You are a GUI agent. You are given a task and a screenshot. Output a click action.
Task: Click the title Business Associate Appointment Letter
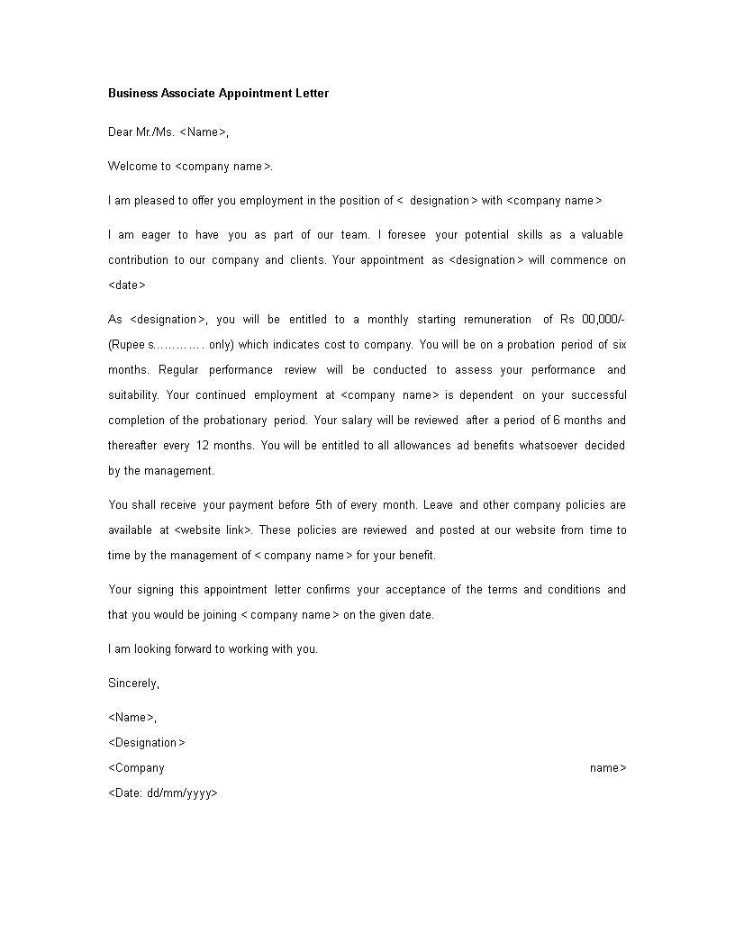click(218, 93)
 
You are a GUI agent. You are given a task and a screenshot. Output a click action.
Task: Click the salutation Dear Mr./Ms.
click(141, 132)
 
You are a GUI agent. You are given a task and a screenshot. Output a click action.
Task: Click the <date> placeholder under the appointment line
click(127, 285)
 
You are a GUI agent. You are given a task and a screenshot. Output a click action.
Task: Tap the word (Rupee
click(127, 345)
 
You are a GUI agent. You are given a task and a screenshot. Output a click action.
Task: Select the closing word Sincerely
click(133, 684)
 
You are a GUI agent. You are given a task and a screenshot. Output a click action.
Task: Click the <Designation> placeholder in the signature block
click(147, 743)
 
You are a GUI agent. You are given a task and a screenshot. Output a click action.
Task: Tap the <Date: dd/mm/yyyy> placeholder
click(163, 793)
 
